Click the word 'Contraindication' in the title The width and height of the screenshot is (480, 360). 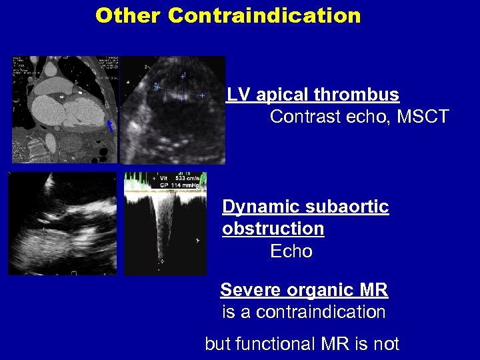(x=264, y=15)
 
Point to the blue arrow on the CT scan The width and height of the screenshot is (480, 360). (x=111, y=125)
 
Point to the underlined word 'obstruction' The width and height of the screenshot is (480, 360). (x=273, y=229)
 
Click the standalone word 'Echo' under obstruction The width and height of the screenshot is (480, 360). (x=291, y=251)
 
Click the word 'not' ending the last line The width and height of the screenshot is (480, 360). (x=387, y=344)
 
